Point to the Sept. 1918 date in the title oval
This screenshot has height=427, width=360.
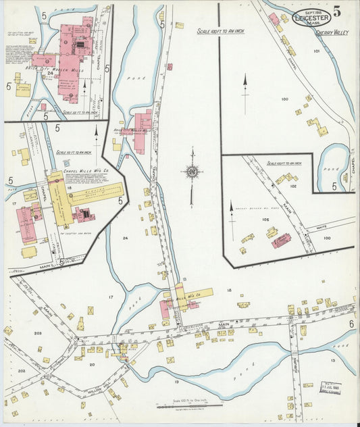tap(312, 12)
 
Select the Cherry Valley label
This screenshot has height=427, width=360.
tap(331, 32)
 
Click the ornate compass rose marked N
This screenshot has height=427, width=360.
tap(192, 172)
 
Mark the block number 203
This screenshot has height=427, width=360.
tap(38, 334)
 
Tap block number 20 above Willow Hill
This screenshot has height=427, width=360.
tap(92, 364)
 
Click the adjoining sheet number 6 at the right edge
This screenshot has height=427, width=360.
tap(351, 324)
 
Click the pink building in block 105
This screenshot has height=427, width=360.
tap(281, 240)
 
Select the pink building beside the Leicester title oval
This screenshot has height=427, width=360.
tap(274, 19)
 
